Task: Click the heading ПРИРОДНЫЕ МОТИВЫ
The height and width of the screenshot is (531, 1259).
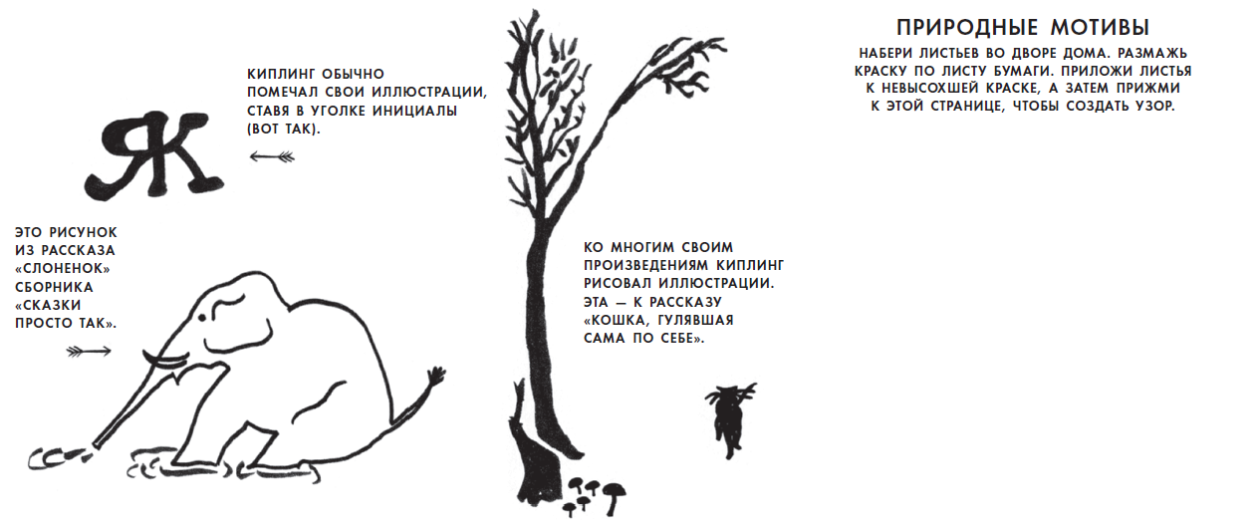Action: coord(1023,28)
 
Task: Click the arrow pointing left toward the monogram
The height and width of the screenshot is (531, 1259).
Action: coord(272,156)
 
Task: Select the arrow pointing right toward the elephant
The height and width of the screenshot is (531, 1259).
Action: coord(89,352)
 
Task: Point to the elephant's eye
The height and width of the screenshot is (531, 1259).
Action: coord(202,318)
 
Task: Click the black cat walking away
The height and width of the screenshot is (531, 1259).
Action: coord(731,419)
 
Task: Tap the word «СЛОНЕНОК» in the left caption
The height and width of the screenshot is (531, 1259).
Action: coord(63,269)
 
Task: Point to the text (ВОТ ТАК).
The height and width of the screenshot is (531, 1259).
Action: coord(284,130)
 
